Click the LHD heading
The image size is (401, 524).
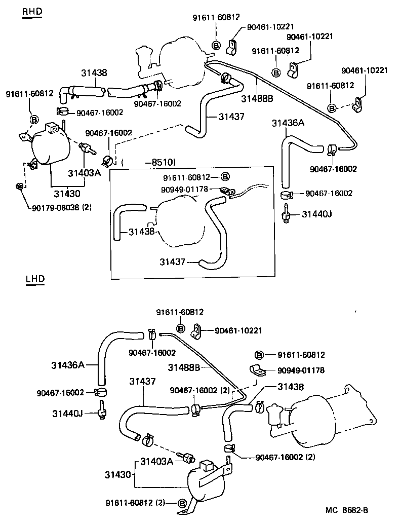point(34,279)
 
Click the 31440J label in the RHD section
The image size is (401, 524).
point(316,214)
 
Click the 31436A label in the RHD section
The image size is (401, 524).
point(288,123)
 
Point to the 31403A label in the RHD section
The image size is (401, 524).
point(85,172)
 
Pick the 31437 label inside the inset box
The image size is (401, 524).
point(173,262)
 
